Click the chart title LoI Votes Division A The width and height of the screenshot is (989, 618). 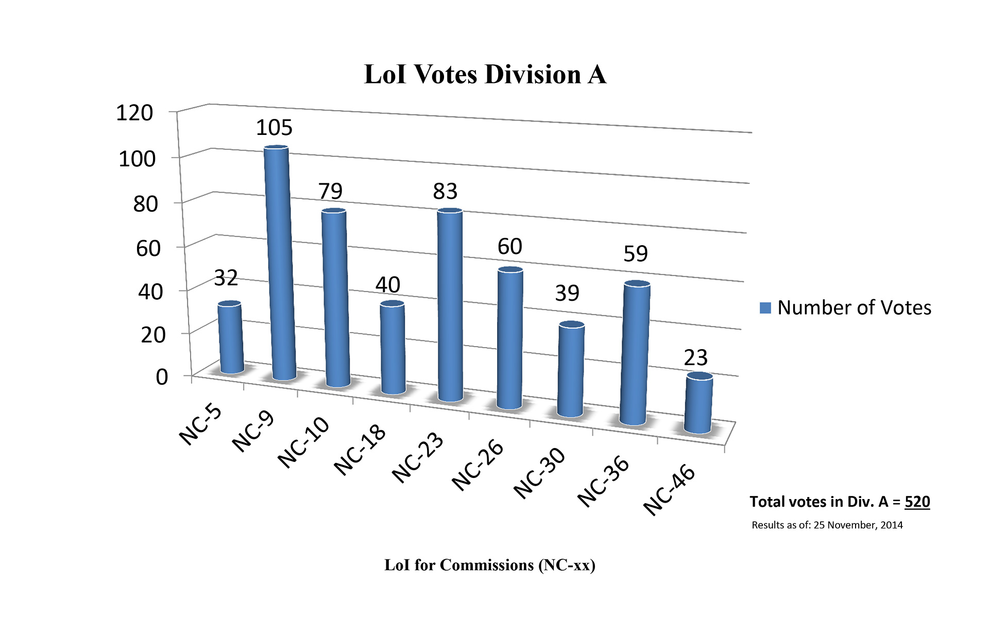click(485, 75)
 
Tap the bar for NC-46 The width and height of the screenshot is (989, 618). click(698, 404)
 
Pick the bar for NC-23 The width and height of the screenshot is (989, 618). click(450, 304)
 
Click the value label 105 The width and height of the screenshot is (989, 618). click(274, 128)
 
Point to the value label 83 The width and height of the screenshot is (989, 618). click(445, 192)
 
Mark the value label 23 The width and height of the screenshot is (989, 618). click(695, 357)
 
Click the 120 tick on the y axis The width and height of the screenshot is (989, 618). click(134, 113)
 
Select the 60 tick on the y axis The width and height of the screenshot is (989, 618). click(148, 248)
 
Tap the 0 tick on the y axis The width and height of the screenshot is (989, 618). click(162, 377)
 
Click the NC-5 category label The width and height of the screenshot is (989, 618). click(200, 425)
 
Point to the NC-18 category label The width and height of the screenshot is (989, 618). click(360, 449)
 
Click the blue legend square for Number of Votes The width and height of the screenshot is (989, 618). click(765, 308)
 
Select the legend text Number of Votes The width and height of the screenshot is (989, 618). click(854, 308)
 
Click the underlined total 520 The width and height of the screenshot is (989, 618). click(917, 502)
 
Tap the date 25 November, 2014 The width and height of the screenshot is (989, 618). click(858, 525)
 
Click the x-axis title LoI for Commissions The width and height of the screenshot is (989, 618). click(489, 565)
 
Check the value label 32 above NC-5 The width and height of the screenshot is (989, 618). click(226, 278)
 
